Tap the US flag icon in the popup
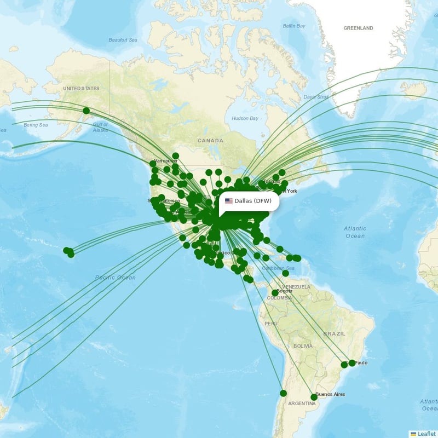[229, 201]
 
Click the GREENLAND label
[358, 28]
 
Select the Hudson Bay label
[245, 118]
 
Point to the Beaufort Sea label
[123, 40]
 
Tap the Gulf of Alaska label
[100, 128]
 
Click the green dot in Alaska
[86, 111]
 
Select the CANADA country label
[210, 141]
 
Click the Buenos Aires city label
[330, 394]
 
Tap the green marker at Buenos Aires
[314, 397]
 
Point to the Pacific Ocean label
[115, 278]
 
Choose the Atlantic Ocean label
[355, 232]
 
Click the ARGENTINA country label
[302, 404]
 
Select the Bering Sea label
[36, 125]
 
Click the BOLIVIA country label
[302, 346]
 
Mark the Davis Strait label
[316, 97]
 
